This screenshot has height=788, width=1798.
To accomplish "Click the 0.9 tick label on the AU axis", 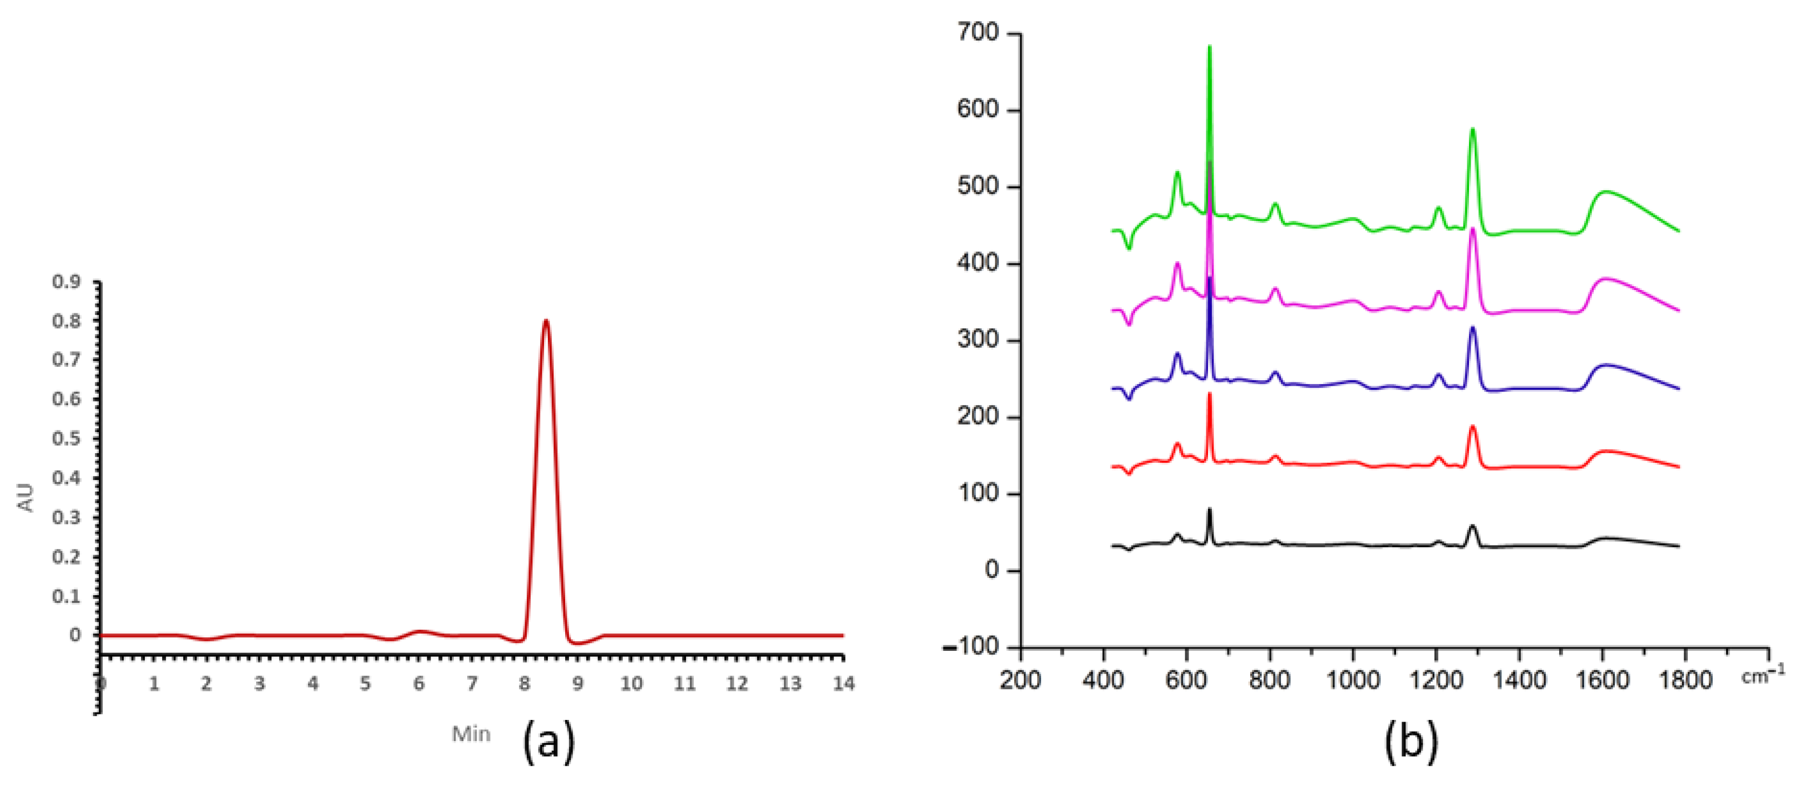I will pos(66,282).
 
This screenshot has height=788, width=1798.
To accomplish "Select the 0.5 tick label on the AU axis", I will pos(66,439).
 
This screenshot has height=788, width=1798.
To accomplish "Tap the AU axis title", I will pos(26,497).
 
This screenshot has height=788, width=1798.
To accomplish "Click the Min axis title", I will pos(471,734).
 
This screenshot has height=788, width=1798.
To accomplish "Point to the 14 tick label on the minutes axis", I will pos(843,684).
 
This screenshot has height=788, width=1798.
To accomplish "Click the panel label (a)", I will pos(548,740).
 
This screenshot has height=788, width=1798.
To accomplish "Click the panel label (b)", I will pos(1411,740).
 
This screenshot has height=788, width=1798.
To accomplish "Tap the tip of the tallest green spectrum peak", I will pos(1210,48).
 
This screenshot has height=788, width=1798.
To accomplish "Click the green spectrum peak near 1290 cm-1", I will pos(1472,129).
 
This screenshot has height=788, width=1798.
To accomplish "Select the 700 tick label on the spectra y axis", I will pos(978,33).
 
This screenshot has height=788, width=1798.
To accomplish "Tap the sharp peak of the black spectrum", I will pos(1210,509).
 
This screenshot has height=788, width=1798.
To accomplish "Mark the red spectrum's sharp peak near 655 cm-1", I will pos(1210,394).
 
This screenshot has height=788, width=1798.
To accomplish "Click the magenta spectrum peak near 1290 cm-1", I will pos(1473,229).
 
